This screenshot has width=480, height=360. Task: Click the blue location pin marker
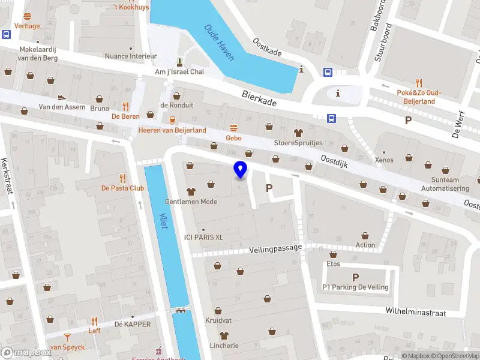(241, 170)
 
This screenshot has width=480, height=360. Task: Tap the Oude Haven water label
(220, 41)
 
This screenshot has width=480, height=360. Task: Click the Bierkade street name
(259, 99)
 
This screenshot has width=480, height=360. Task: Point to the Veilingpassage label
(275, 247)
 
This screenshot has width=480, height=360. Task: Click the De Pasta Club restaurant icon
(122, 178)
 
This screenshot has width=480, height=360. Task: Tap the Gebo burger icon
(233, 127)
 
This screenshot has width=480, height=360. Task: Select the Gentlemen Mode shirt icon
(191, 191)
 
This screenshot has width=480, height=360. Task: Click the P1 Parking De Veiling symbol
(355, 277)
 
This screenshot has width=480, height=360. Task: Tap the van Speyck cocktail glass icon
(67, 337)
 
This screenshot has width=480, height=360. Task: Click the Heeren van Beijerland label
(172, 130)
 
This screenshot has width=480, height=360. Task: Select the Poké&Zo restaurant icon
(419, 83)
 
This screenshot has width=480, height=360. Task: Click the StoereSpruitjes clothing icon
(298, 133)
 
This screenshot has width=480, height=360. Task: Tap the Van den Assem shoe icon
(61, 97)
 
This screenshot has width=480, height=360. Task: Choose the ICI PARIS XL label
(203, 237)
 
